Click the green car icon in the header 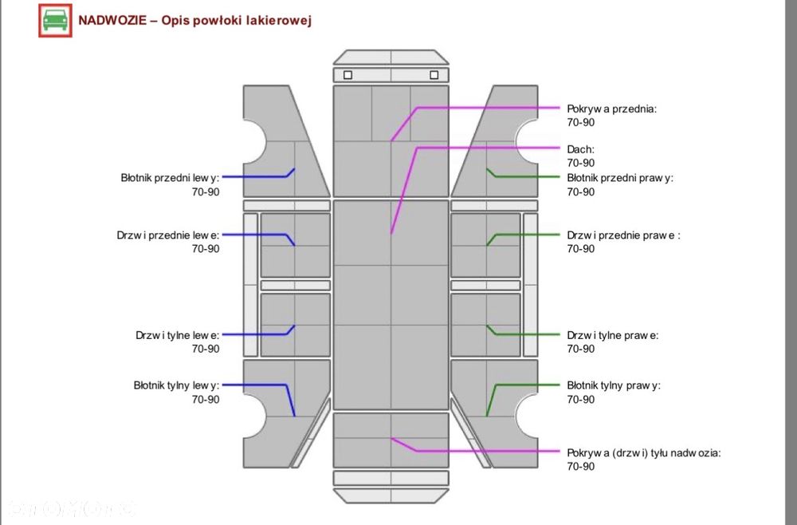coord(56,21)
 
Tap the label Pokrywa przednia coord(612,109)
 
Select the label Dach coord(580,149)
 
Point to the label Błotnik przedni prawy coord(620,178)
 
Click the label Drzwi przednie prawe coord(624,235)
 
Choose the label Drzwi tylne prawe coord(613,336)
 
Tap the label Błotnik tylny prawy coord(614,385)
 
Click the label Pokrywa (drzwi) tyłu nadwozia coord(644,452)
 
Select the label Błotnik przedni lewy coord(170,178)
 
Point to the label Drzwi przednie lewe coord(167,235)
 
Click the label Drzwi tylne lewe coord(178,336)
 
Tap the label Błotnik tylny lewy coord(176,385)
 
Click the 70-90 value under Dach coord(581,164)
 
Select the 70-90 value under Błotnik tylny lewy coord(206,400)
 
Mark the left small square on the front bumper coord(347,75)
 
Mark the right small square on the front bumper coord(434,75)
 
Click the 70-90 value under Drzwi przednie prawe coord(581,249)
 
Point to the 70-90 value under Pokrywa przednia coord(581,123)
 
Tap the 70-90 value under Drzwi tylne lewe coord(206,349)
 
